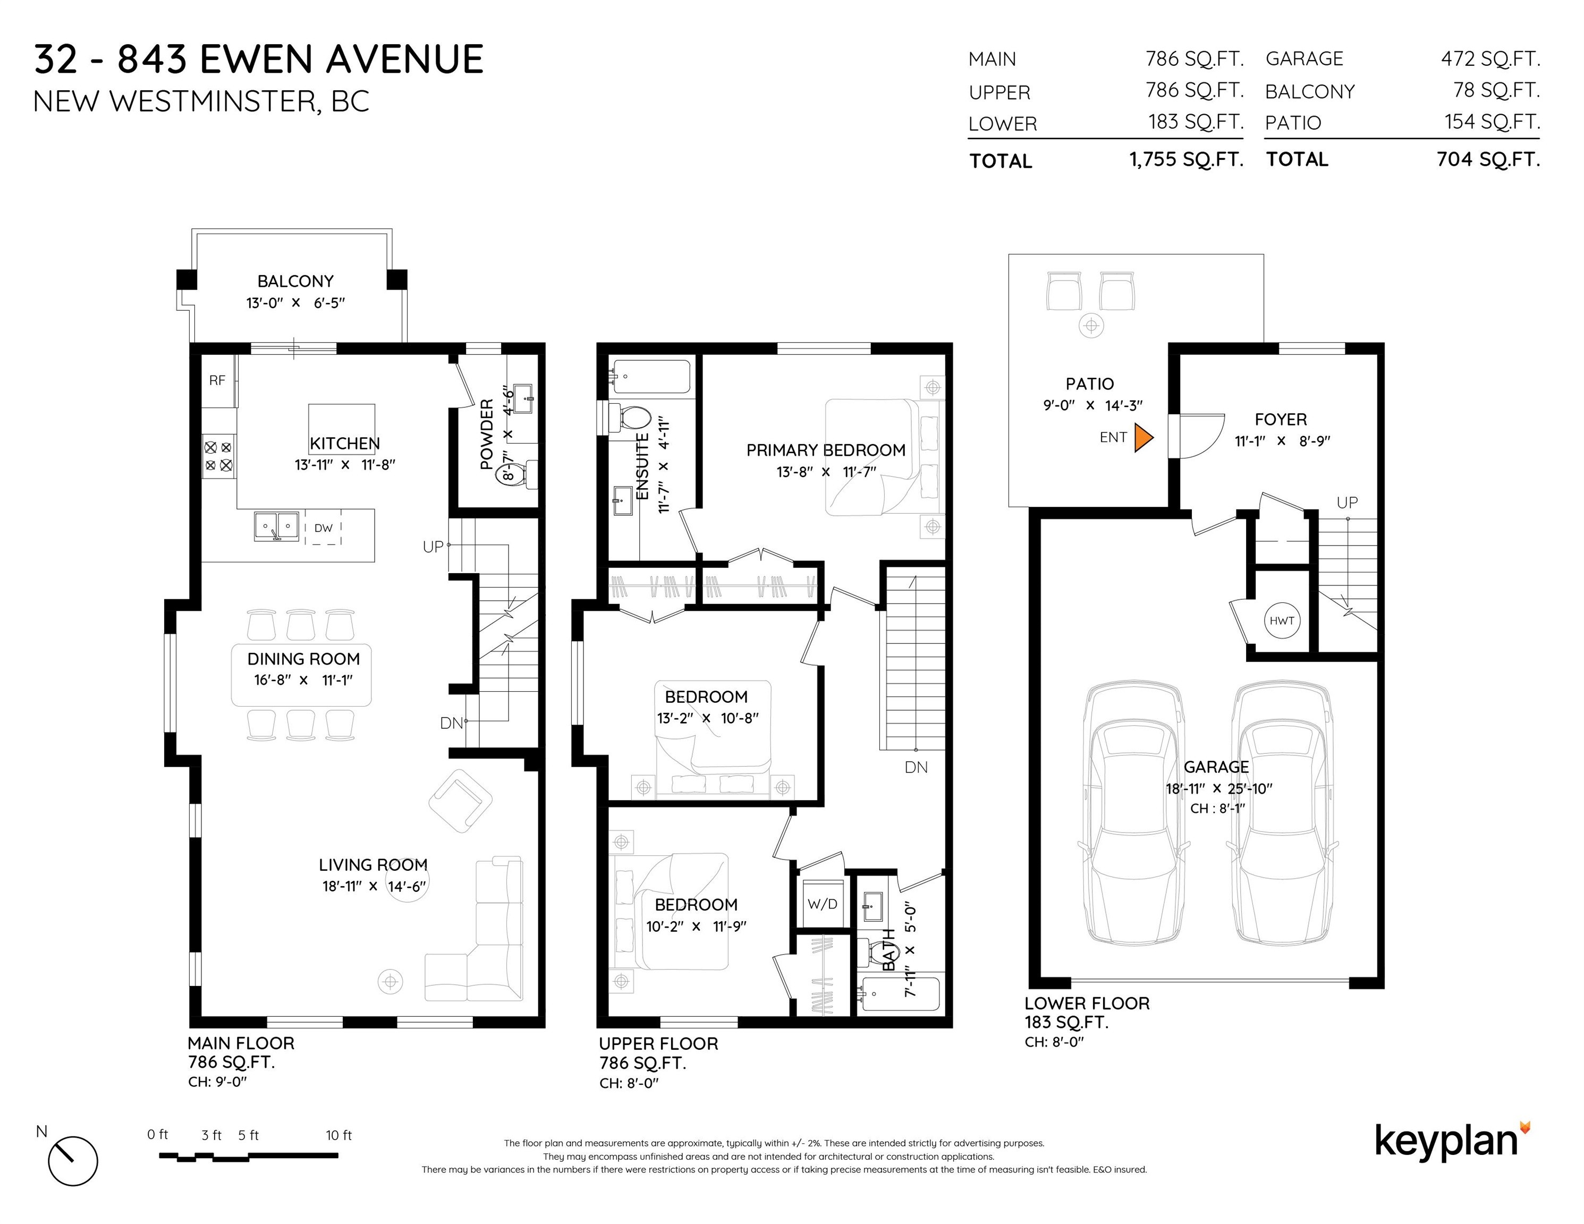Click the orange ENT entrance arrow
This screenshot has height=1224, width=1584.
point(1143,437)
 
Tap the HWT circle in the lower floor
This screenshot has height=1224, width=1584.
point(1282,620)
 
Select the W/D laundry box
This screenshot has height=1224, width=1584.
point(823,904)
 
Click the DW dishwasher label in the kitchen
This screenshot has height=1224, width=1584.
point(324,528)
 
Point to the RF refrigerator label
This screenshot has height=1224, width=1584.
point(217,380)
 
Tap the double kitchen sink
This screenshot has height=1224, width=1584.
point(276,526)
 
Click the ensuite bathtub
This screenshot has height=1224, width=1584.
point(650,376)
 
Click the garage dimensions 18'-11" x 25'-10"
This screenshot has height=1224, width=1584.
point(1218,788)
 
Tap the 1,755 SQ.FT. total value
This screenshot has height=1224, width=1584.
point(1187,159)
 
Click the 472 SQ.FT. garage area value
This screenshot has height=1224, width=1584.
point(1490,59)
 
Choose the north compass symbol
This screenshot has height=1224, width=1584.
point(72,1161)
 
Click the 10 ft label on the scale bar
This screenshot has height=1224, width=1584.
point(338,1135)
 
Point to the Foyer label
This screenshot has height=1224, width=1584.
point(1281,419)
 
